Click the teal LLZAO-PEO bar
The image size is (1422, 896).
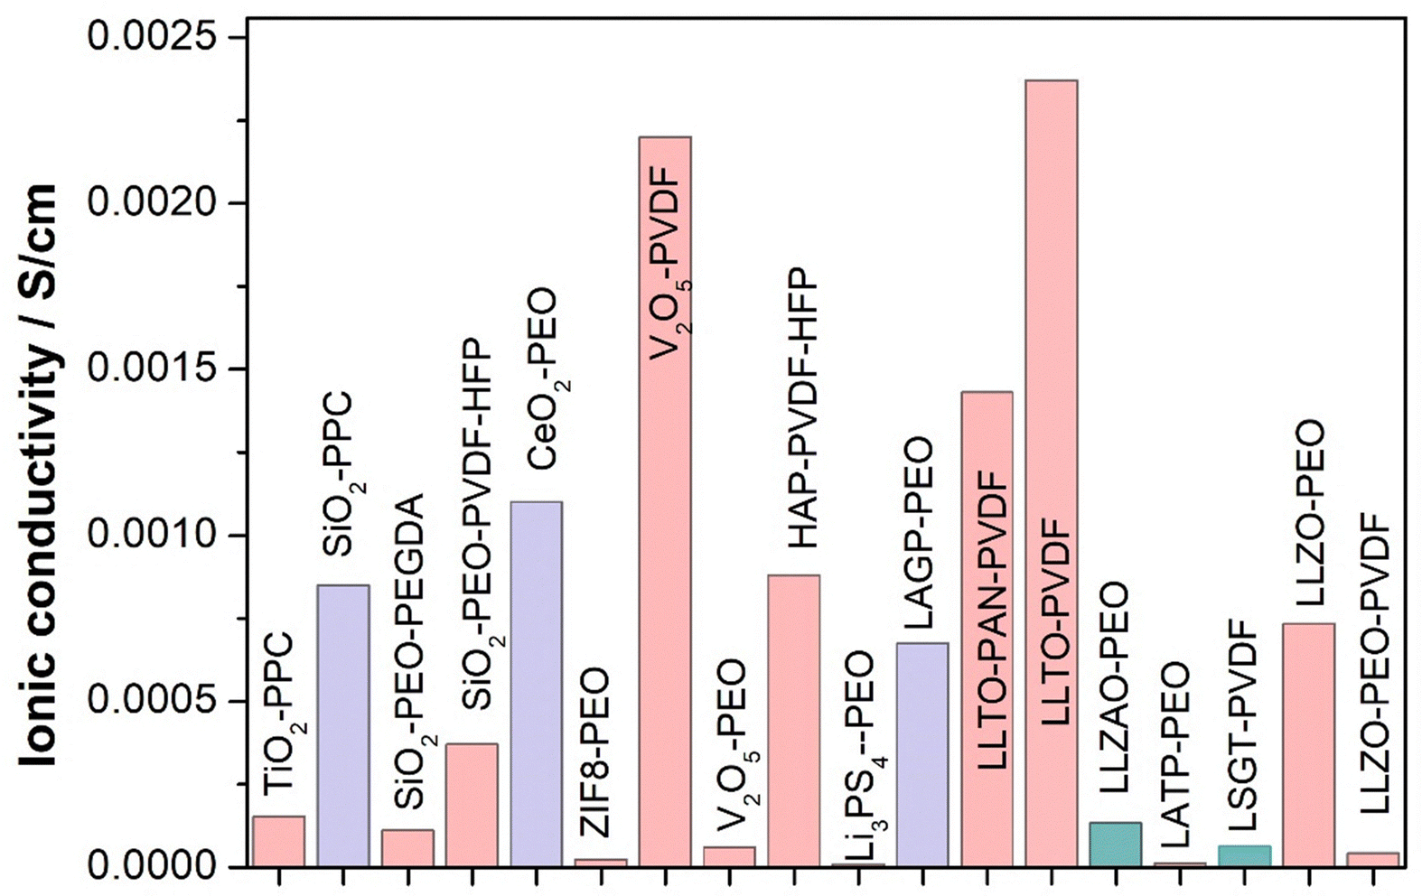[x=1115, y=845]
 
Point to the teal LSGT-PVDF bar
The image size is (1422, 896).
[x=1244, y=856]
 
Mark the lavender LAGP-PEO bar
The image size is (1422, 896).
[x=922, y=754]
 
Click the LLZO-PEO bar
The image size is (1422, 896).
[x=1308, y=744]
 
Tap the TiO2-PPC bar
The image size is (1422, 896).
[x=278, y=841]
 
